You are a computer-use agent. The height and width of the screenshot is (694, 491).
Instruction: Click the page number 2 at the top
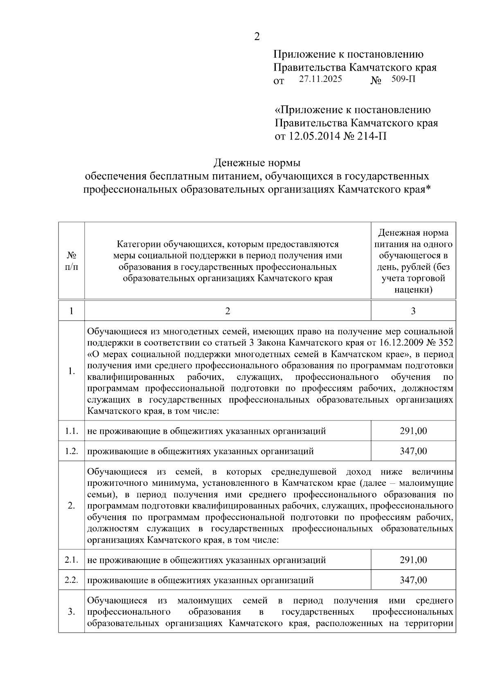click(257, 37)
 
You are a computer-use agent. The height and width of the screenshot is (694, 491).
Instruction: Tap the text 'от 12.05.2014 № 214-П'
click(330, 136)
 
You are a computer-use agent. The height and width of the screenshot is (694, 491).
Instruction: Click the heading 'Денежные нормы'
click(257, 163)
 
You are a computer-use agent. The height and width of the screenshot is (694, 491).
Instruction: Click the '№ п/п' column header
click(72, 261)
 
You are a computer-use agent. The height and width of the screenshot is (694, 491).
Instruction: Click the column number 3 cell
click(413, 311)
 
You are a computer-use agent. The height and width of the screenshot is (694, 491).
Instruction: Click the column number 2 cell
click(227, 311)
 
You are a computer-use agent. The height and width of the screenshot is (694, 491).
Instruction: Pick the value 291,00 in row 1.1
click(413, 431)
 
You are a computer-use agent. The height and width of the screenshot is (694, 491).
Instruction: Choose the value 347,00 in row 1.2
click(413, 451)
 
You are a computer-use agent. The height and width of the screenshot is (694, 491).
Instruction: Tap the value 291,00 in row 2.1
click(413, 559)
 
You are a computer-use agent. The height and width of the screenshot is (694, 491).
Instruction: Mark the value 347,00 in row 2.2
click(413, 580)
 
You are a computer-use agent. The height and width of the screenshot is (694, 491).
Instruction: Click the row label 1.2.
click(72, 451)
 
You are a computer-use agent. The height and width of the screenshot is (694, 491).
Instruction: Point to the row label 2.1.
click(72, 559)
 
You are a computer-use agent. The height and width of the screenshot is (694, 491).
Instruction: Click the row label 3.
click(72, 612)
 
